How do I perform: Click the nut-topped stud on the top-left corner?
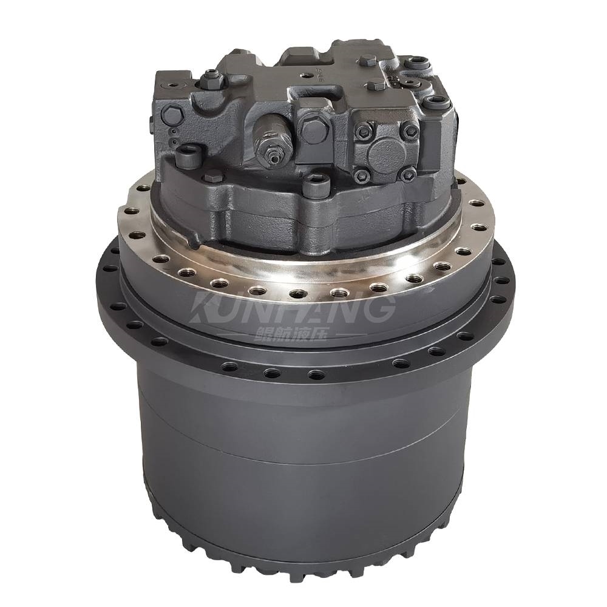pos(212,76)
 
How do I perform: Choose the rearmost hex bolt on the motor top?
pos(368,60)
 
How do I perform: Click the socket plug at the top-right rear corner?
pos(419,61)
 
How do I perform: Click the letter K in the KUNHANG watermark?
pos(210,309)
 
